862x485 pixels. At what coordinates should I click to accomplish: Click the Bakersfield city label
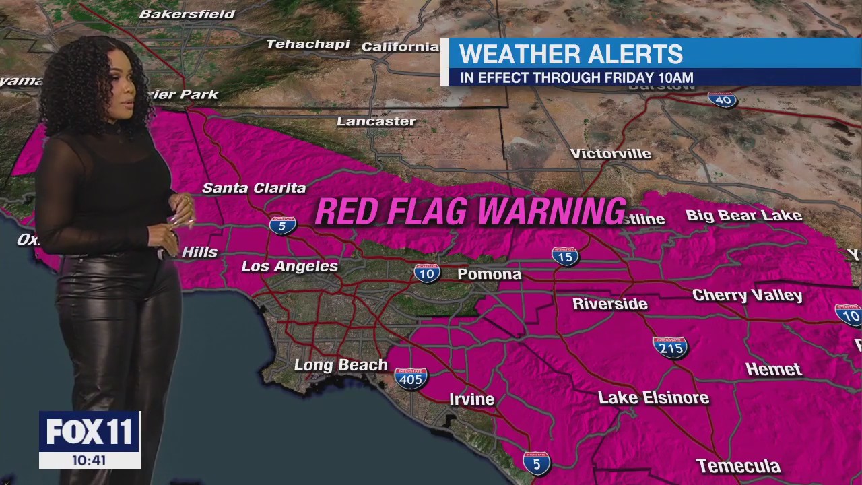tap(187, 13)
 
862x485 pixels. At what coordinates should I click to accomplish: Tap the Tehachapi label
tap(308, 44)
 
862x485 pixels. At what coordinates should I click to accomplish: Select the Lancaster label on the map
tap(376, 121)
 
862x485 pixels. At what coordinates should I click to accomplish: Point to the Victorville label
tap(611, 154)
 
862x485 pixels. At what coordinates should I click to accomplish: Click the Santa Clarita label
tap(255, 188)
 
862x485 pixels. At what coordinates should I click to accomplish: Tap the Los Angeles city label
tap(290, 266)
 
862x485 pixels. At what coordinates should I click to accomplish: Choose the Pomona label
tap(490, 274)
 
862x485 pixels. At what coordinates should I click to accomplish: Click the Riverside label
tap(610, 304)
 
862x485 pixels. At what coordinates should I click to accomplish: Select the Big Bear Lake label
tap(743, 216)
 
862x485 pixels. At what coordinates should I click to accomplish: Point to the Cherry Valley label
tap(748, 295)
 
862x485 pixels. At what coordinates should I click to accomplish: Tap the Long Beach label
tap(341, 365)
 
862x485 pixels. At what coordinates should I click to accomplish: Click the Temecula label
tap(738, 466)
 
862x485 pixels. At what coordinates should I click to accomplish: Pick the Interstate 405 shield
tap(411, 379)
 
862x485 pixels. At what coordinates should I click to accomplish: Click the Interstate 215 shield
tap(670, 347)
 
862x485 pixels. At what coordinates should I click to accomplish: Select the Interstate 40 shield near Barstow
tap(722, 100)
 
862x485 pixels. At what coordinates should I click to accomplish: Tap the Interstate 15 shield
tap(565, 256)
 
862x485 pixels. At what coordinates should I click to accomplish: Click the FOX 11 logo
tap(90, 431)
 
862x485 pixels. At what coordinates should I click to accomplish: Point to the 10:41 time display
tap(90, 460)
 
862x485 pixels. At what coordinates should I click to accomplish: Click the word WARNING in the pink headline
tap(549, 212)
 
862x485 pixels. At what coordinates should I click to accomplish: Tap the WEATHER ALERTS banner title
tap(571, 54)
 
